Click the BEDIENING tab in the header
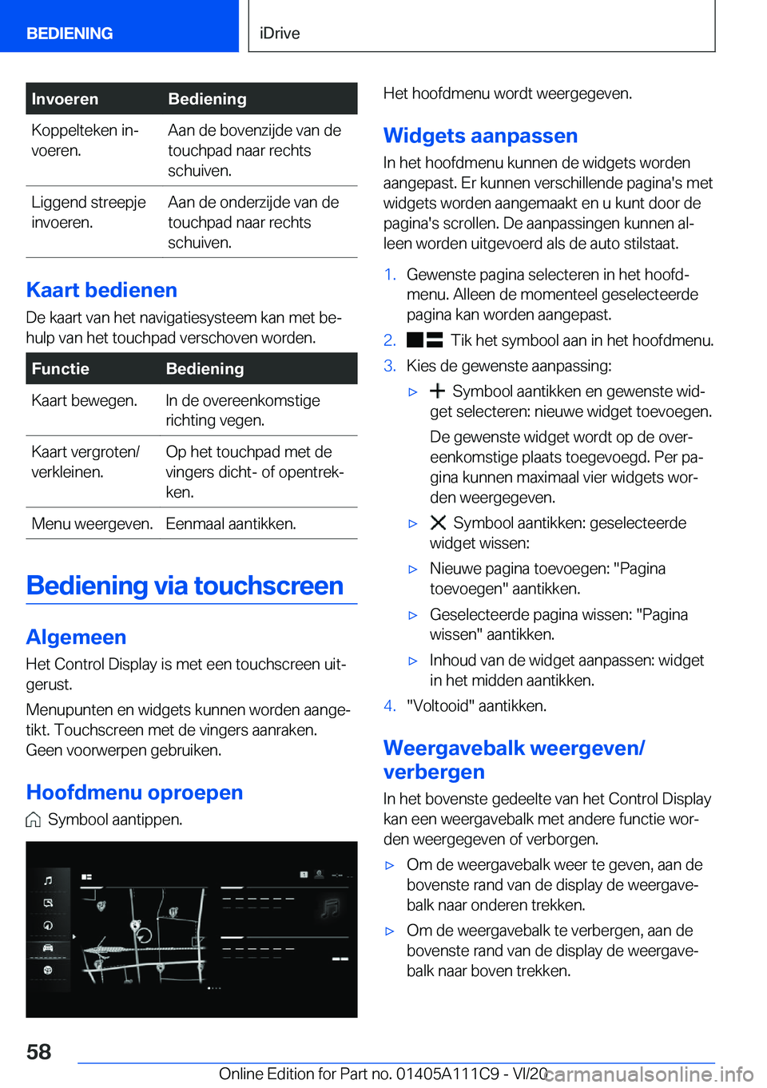(70, 34)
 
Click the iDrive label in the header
(280, 34)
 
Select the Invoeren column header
(65, 99)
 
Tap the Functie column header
(60, 368)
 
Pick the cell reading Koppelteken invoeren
(85, 141)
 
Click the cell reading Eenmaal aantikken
(231, 523)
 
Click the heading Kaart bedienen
(101, 290)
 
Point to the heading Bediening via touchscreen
(185, 586)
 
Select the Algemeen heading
(76, 637)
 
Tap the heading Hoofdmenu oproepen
(134, 792)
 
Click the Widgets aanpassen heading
(480, 136)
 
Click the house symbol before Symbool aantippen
(33, 820)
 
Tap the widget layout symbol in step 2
(424, 340)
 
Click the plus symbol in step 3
(437, 391)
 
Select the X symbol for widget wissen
(438, 523)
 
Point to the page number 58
(38, 1051)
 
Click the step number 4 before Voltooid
(389, 706)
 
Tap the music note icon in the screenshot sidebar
(48, 880)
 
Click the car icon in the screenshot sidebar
(48, 947)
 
